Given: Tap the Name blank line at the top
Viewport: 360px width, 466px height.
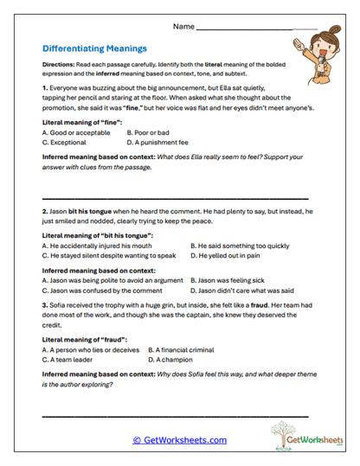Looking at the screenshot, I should [x=256, y=28].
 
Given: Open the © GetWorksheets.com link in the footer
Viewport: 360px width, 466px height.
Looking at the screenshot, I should [x=180, y=440].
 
